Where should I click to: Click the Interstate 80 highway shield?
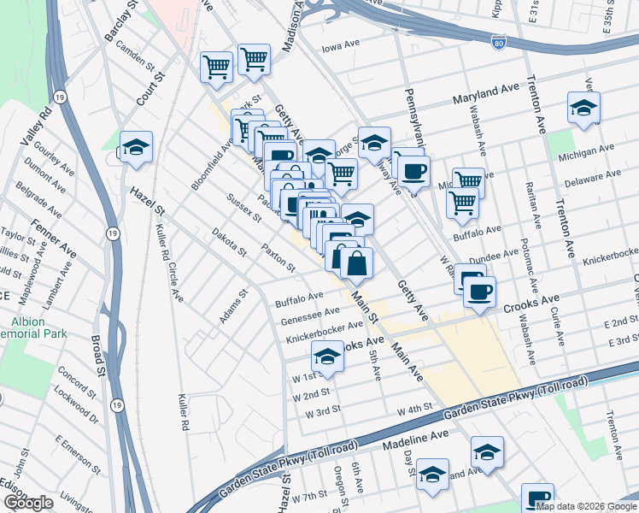(x=499, y=40)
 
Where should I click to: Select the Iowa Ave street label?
(x=343, y=50)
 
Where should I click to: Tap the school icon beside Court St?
(x=136, y=147)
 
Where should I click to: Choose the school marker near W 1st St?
(x=326, y=356)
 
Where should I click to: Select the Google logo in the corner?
(x=27, y=503)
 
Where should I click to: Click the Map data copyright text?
(x=585, y=506)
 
